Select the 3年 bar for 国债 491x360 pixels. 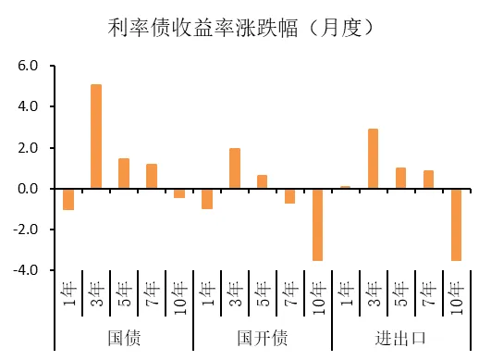click(x=96, y=136)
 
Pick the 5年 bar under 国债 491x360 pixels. click(x=124, y=173)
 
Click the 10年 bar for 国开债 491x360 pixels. click(x=318, y=224)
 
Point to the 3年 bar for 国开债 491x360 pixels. click(x=235, y=168)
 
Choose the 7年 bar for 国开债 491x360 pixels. click(x=290, y=195)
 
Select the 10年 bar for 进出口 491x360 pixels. click(x=457, y=224)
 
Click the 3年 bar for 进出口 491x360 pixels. click(x=374, y=158)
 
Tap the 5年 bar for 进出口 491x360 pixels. click(x=401, y=178)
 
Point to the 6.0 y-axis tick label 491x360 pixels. click(x=29, y=67)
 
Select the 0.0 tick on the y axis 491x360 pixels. click(x=29, y=189)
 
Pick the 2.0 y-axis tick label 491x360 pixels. click(x=29, y=148)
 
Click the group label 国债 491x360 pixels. click(x=124, y=337)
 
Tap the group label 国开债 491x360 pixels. click(x=263, y=337)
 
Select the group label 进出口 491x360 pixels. click(x=401, y=337)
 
